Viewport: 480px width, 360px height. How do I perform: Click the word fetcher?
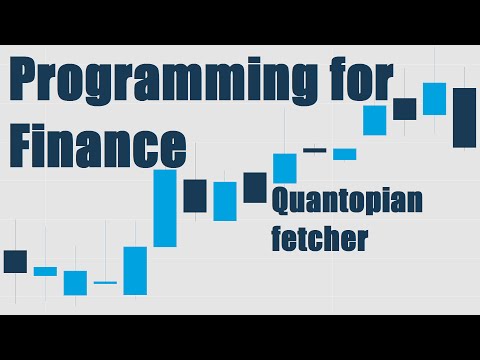coord(319,240)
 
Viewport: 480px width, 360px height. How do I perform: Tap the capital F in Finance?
coord(26,145)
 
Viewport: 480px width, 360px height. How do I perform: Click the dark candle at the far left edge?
coord(15,261)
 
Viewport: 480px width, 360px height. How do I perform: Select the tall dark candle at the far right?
coord(464,117)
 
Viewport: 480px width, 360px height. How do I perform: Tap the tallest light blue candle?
coord(165,208)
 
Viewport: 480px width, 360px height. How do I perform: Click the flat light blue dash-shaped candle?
coord(105,283)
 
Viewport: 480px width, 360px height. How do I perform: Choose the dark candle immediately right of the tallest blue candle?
coord(195,195)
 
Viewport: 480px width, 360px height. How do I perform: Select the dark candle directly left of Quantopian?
coord(255,187)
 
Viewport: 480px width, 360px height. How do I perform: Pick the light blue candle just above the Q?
coord(285,168)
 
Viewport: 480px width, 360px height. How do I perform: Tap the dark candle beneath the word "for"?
coord(404,108)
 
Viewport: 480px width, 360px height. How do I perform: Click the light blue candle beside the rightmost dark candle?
coord(434,98)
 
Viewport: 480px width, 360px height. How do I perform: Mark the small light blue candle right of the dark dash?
coord(345,154)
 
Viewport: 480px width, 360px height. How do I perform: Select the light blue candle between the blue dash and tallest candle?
coord(135,270)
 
